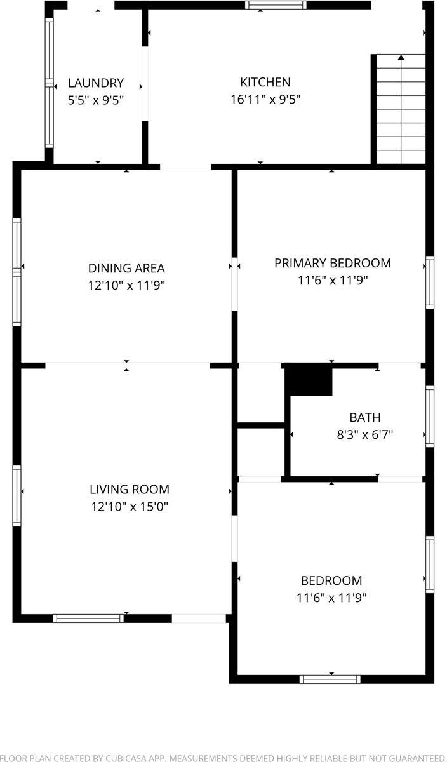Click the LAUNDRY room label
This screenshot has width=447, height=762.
(96, 83)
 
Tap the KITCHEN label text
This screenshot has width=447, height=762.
(265, 82)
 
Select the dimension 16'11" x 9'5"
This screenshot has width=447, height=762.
(265, 99)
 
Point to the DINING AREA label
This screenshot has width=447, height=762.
(126, 268)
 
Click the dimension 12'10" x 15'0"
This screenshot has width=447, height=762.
(130, 507)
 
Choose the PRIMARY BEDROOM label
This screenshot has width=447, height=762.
(333, 263)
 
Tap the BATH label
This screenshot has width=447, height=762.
(365, 417)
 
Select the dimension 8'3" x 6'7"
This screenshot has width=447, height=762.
(365, 434)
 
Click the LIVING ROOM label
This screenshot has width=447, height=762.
(130, 489)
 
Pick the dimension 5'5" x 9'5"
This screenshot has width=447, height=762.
(96, 100)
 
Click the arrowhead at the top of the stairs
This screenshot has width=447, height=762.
(401, 58)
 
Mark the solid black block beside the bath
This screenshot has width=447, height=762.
(309, 380)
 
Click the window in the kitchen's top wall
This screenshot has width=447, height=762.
(276, 5)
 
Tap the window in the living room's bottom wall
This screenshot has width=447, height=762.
(88, 618)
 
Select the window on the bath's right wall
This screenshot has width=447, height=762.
(430, 416)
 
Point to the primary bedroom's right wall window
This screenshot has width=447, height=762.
(430, 283)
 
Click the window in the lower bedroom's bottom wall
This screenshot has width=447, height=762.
(330, 679)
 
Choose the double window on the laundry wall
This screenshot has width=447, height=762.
(50, 83)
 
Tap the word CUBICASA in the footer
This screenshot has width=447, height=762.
(126, 758)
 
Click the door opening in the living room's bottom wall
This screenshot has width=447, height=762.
(199, 618)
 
